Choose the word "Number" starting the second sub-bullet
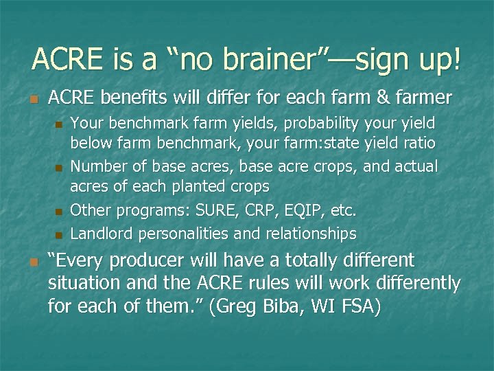pos(96,167)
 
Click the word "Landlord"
pos(102,234)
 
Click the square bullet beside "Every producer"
pos(33,262)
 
